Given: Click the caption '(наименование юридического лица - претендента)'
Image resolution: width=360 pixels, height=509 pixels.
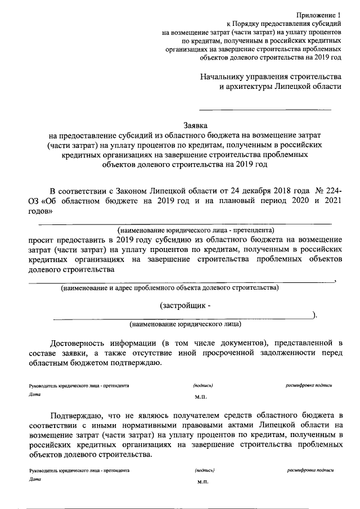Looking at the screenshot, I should pyautogui.click(x=195, y=230).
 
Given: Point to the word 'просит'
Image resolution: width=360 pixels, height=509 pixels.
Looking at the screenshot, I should pyautogui.click(x=42, y=240).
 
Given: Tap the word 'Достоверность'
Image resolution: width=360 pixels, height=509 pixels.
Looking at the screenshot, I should pyautogui.click(x=78, y=343).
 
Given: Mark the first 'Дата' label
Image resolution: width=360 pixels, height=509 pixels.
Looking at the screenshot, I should pyautogui.click(x=34, y=395).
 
